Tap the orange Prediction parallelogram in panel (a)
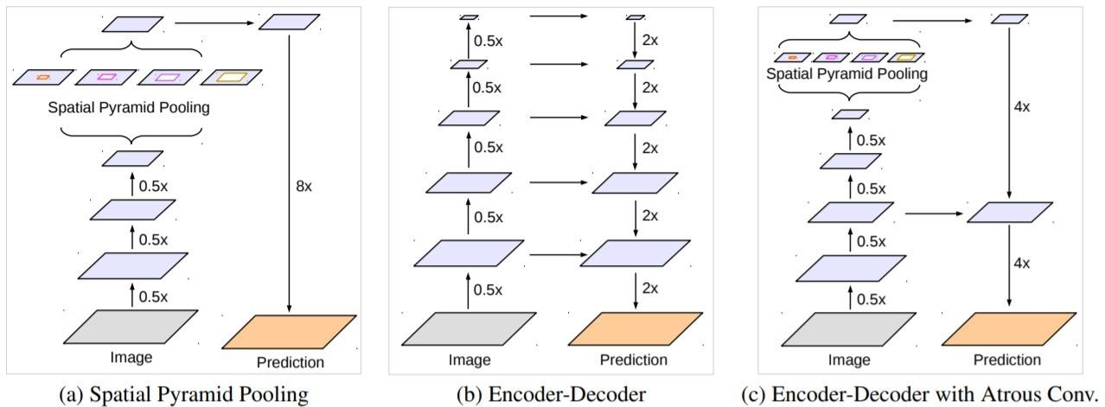(289, 332)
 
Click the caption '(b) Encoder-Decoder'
(551, 395)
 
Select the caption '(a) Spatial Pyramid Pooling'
(182, 395)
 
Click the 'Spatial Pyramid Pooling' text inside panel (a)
(130, 109)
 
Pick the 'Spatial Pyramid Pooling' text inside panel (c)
(846, 74)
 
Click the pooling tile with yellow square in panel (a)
(231, 78)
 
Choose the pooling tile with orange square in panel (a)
(42, 78)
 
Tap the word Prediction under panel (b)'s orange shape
(635, 359)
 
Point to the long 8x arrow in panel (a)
(288, 173)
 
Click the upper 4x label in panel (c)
(1020, 108)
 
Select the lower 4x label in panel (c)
(1020, 263)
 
